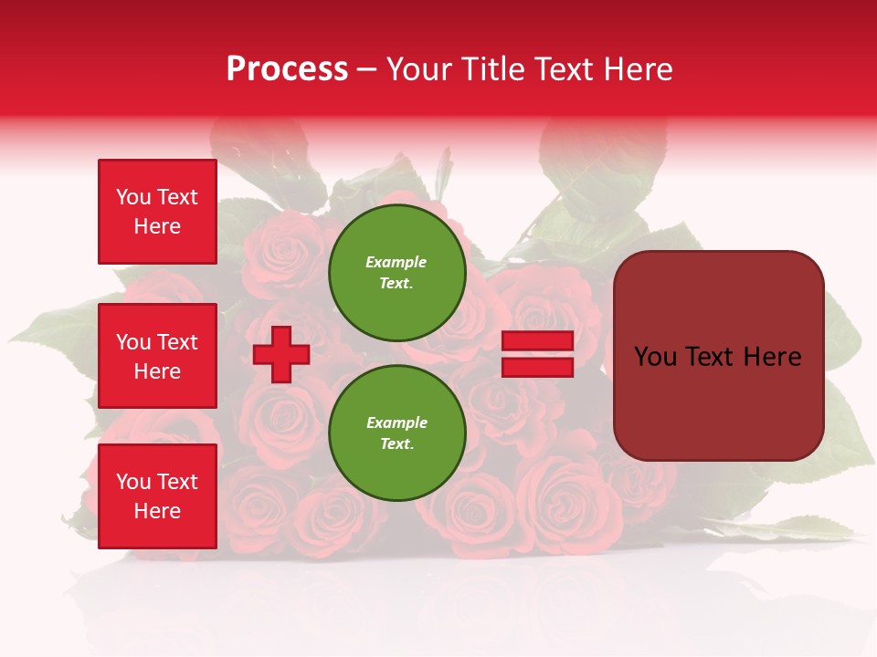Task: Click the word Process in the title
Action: coord(287,69)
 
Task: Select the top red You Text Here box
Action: coord(157,212)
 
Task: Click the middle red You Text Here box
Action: coord(157,356)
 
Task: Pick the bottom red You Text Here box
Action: coord(157,496)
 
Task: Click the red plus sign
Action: coord(281,354)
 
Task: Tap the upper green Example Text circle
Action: coord(397,272)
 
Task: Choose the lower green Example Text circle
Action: coord(397,433)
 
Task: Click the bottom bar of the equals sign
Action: coord(537,367)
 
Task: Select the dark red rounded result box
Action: coord(718,356)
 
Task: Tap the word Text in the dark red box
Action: coord(715,357)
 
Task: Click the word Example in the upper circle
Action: coord(396,262)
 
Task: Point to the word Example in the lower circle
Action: coord(396,422)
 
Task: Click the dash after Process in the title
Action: coord(367,69)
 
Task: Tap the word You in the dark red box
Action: coord(656,357)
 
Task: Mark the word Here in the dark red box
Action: coord(775,357)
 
